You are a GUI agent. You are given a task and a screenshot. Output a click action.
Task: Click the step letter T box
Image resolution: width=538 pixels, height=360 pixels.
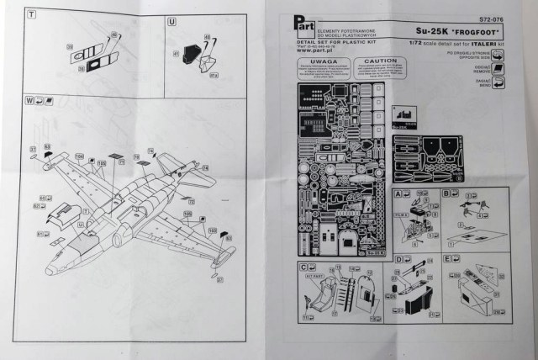[30, 16]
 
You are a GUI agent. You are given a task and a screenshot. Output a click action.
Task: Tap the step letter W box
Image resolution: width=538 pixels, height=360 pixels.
[30, 101]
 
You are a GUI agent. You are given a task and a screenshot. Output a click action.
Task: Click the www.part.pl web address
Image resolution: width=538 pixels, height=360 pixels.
[315, 50]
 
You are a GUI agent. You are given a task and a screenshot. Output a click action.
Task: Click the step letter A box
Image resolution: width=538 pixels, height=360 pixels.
[398, 193]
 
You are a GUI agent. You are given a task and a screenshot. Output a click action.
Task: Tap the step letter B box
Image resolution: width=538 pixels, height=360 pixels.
[446, 193]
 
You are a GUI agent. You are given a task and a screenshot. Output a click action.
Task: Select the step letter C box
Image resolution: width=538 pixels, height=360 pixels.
[303, 267]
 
